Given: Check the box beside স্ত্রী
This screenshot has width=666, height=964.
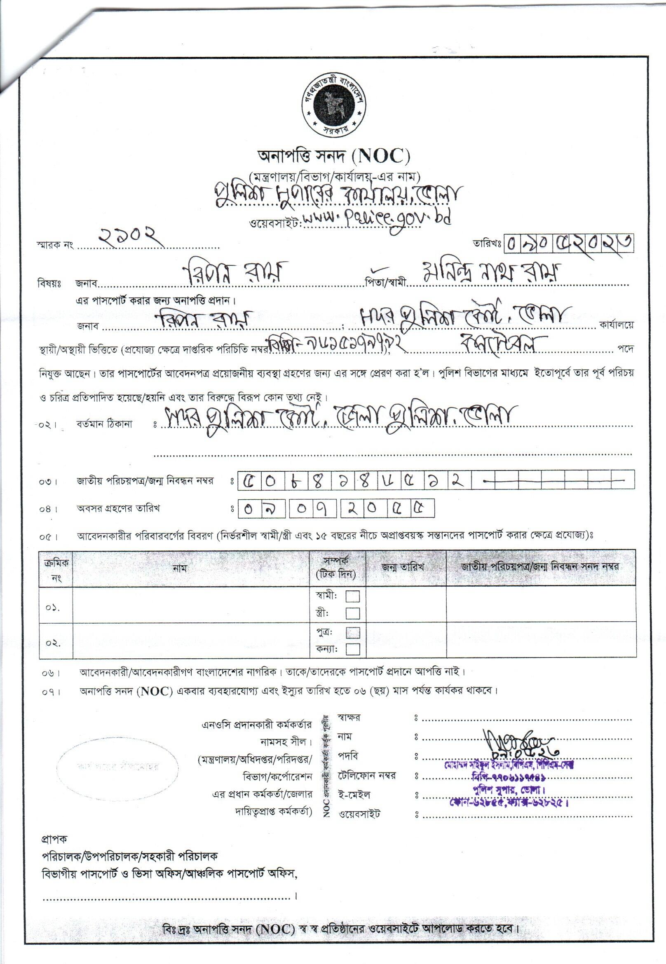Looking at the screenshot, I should pos(353,613).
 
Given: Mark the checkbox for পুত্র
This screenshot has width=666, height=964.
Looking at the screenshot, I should pos(353,632).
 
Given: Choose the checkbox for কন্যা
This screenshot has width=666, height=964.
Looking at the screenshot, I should pos(353,649).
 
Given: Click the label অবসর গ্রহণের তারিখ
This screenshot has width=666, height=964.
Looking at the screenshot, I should pos(118,508).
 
